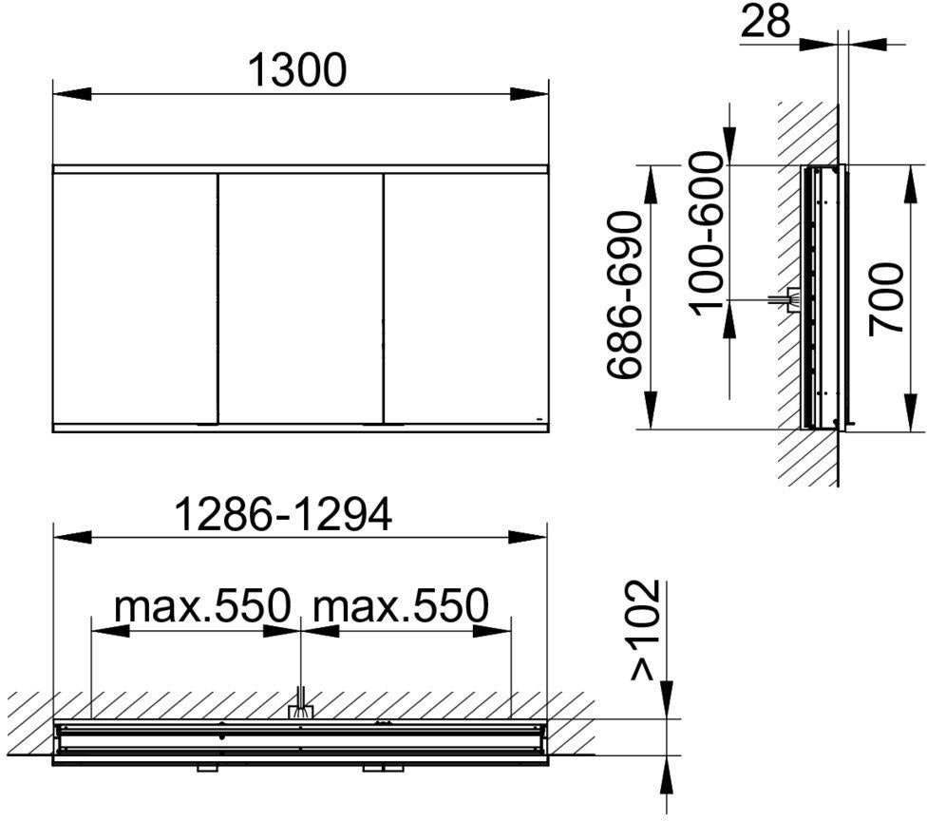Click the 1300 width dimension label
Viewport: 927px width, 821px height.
coord(296,70)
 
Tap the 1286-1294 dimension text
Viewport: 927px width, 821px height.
coord(284,514)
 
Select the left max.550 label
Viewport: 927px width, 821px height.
coord(203,605)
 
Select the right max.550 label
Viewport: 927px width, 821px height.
coord(401,605)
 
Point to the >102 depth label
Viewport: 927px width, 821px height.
coord(644,631)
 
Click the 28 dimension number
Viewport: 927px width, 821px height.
coord(766,21)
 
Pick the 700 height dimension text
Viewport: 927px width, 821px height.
coord(886,299)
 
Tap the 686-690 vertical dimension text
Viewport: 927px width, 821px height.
coord(625,295)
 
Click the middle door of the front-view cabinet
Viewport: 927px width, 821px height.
coord(301,298)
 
